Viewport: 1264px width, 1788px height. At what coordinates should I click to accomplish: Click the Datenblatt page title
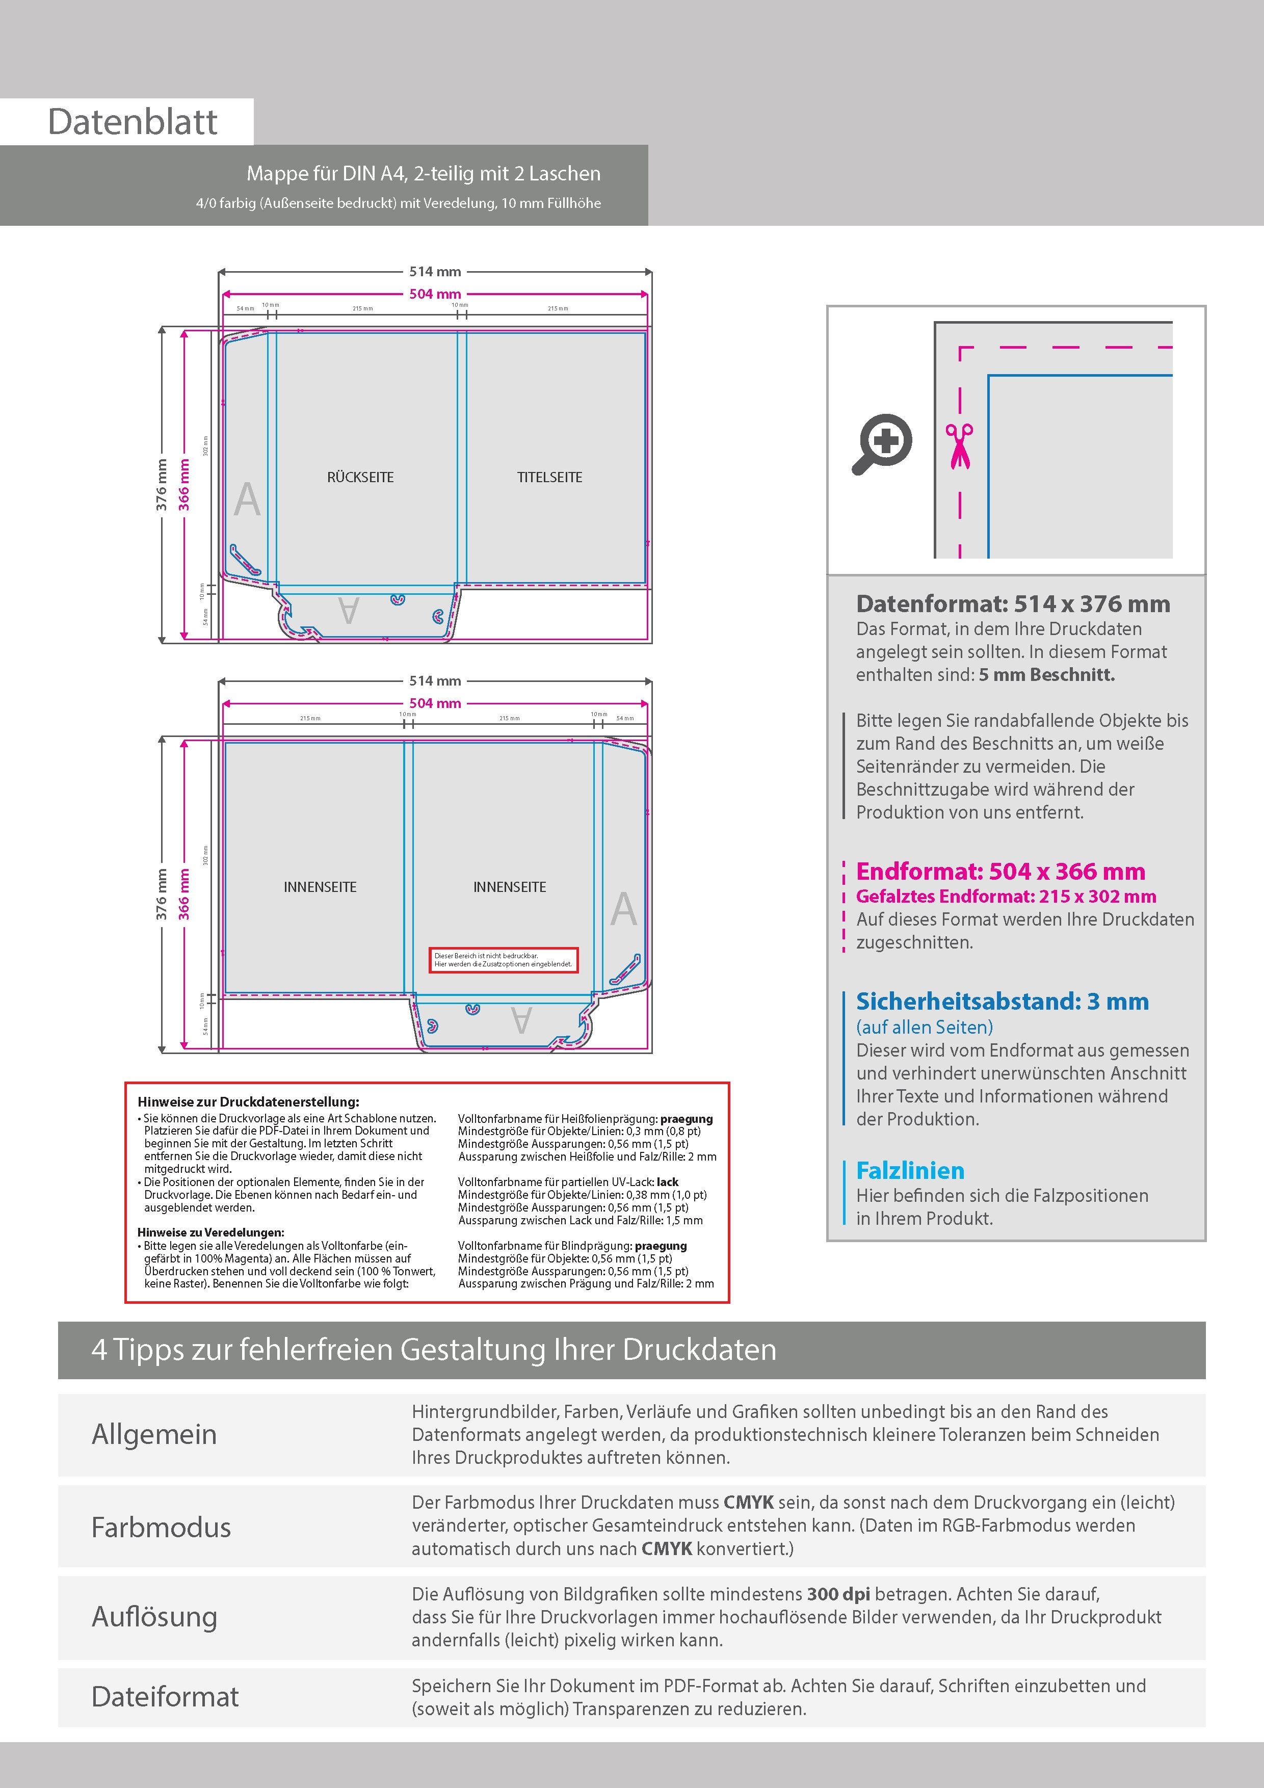pyautogui.click(x=133, y=122)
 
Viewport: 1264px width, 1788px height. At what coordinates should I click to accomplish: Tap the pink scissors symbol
pyautogui.click(x=960, y=446)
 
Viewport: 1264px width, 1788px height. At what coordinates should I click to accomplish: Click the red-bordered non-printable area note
pyautogui.click(x=503, y=959)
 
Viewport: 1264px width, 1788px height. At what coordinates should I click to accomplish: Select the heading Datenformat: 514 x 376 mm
pyautogui.click(x=1012, y=603)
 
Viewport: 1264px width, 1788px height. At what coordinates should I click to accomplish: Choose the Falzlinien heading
pyautogui.click(x=910, y=1170)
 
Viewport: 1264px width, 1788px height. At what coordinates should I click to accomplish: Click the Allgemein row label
pyautogui.click(x=154, y=1434)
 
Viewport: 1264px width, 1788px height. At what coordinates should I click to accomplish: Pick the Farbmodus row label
pyautogui.click(x=161, y=1527)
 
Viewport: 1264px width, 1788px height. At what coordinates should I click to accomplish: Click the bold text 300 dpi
pyautogui.click(x=838, y=1594)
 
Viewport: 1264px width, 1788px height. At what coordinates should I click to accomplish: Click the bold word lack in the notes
pyautogui.click(x=668, y=1181)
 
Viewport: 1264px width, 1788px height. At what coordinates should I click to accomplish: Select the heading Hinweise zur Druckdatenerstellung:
pyautogui.click(x=248, y=1102)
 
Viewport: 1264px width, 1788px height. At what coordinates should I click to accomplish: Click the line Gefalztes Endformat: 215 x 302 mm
pyautogui.click(x=1006, y=897)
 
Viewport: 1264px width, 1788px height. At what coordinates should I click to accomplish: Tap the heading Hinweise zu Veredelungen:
pyautogui.click(x=210, y=1232)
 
